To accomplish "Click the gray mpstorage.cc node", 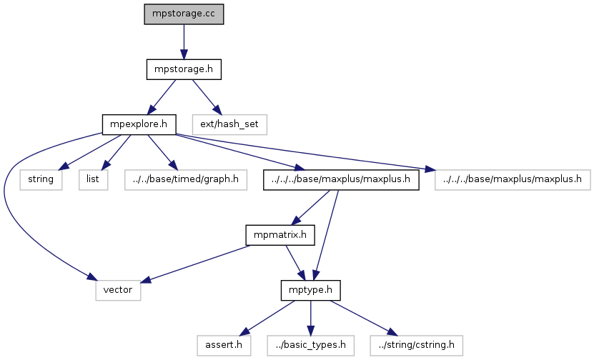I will point(184,14).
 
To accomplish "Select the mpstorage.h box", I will point(184,69).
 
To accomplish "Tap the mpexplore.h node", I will point(139,124).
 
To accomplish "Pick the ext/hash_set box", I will point(229,124).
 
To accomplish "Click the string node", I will point(41,179).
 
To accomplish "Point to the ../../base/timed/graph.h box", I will point(185,179).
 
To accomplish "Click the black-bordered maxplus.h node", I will point(340,179).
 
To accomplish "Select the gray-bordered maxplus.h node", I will point(512,179).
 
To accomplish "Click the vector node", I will point(119,291).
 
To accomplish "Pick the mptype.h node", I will point(310,291).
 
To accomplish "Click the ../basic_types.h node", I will point(310,346).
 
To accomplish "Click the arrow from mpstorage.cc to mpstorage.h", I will point(184,41).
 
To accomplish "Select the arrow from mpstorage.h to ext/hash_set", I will point(207,96).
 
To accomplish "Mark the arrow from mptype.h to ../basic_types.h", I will point(310,318).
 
